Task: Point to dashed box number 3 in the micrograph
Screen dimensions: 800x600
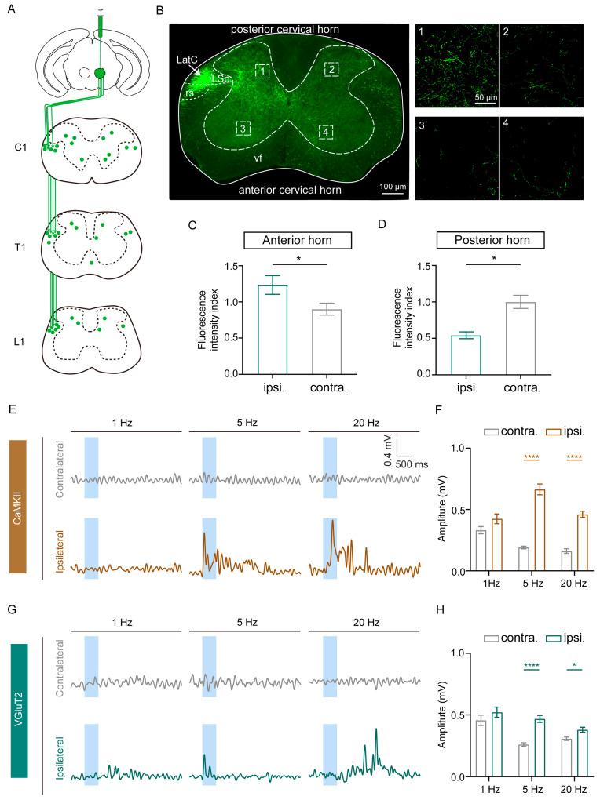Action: click(245, 128)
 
